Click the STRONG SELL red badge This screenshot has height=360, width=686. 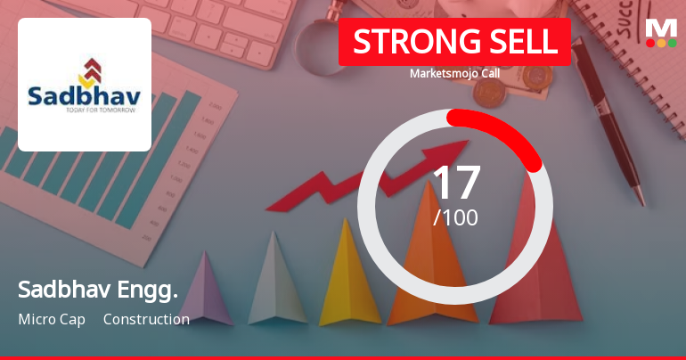pyautogui.click(x=454, y=42)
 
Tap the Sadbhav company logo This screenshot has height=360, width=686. pyautogui.click(x=85, y=85)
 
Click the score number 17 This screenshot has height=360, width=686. pyautogui.click(x=455, y=183)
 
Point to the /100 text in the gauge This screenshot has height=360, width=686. pyautogui.click(x=455, y=217)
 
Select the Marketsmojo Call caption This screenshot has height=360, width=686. pyautogui.click(x=454, y=73)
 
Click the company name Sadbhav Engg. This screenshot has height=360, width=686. pyautogui.click(x=98, y=290)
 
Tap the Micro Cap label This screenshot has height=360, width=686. pyautogui.click(x=52, y=319)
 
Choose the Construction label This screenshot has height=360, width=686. pyautogui.click(x=146, y=319)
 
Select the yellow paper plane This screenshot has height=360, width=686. pyautogui.click(x=349, y=276)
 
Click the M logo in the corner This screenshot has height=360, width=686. pyautogui.click(x=661, y=26)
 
